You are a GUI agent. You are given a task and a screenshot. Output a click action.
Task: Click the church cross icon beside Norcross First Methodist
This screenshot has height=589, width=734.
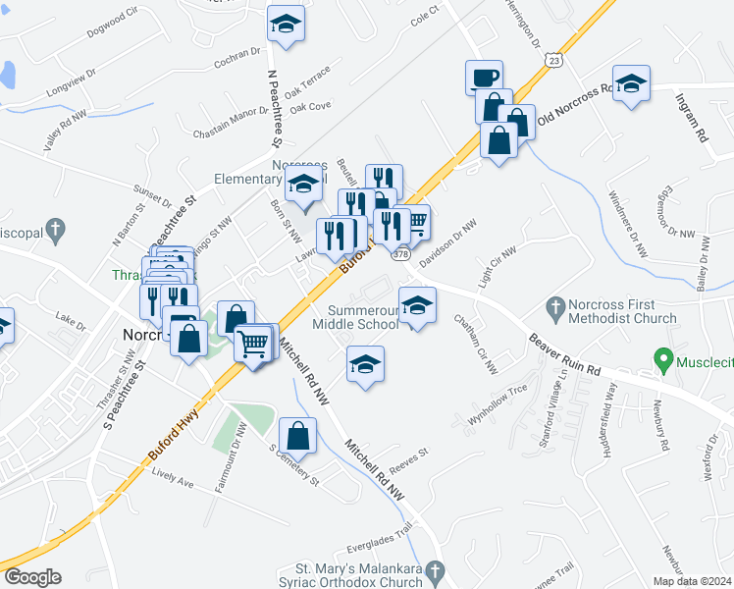556,309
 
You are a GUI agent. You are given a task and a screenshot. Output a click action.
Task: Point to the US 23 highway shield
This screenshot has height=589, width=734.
555,60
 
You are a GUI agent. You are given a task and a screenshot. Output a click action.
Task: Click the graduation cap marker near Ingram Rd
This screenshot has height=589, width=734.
630,83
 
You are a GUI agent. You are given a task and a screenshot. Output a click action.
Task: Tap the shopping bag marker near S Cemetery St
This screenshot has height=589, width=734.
298,435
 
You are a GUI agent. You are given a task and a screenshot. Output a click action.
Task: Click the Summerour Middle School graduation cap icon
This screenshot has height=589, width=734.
417,304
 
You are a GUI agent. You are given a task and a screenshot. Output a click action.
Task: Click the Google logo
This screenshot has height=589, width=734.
31,577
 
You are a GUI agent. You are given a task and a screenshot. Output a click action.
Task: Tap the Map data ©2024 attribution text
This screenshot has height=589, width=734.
693,581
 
